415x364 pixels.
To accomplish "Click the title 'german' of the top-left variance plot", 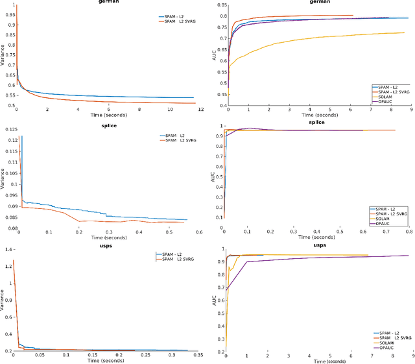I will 104,3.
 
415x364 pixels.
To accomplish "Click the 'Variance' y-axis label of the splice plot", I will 3,175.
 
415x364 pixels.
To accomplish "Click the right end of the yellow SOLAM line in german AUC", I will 405,32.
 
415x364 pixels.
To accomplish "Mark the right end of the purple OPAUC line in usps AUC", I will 409,256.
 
